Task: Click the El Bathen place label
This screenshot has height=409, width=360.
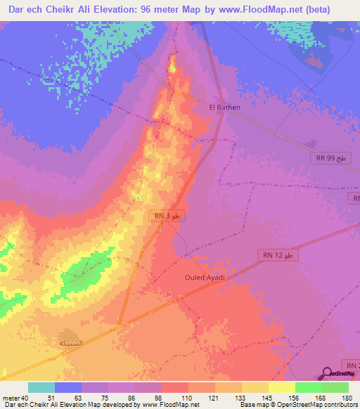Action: click(x=225, y=108)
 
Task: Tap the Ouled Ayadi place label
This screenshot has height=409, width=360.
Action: click(x=205, y=278)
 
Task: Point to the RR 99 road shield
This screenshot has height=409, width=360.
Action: click(x=331, y=159)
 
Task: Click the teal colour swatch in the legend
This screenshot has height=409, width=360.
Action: click(x=41, y=387)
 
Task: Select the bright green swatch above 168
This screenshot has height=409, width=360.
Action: click(x=308, y=387)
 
